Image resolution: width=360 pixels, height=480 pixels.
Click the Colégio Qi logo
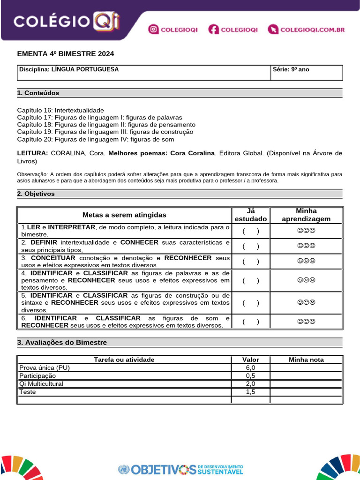67,21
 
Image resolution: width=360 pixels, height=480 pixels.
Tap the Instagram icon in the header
153,30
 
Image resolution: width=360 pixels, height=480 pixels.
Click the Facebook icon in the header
214,30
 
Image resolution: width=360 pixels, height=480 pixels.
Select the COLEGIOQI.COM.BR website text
312,30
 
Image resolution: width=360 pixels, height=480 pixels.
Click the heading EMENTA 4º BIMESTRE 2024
66,54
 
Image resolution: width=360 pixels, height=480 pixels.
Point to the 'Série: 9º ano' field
291,69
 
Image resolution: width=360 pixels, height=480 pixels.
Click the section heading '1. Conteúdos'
38,93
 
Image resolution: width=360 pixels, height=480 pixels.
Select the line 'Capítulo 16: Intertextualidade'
60,110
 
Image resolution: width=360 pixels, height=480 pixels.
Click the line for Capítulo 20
96,139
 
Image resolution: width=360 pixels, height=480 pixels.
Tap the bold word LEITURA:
32,153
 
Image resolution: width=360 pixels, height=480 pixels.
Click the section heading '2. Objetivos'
36,194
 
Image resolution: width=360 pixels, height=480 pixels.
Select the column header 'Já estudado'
251,215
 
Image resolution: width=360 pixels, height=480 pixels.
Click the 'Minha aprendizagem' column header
306,215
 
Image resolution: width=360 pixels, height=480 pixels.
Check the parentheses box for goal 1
251,231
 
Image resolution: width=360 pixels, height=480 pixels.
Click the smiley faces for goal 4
306,280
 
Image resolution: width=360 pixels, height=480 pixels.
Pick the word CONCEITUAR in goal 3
53,258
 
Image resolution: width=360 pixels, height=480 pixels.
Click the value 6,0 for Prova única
251,367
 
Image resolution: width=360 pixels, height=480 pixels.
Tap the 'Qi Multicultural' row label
41,383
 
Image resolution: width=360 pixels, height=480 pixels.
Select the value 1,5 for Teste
251,391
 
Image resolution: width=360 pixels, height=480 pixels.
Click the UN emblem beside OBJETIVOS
124,469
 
